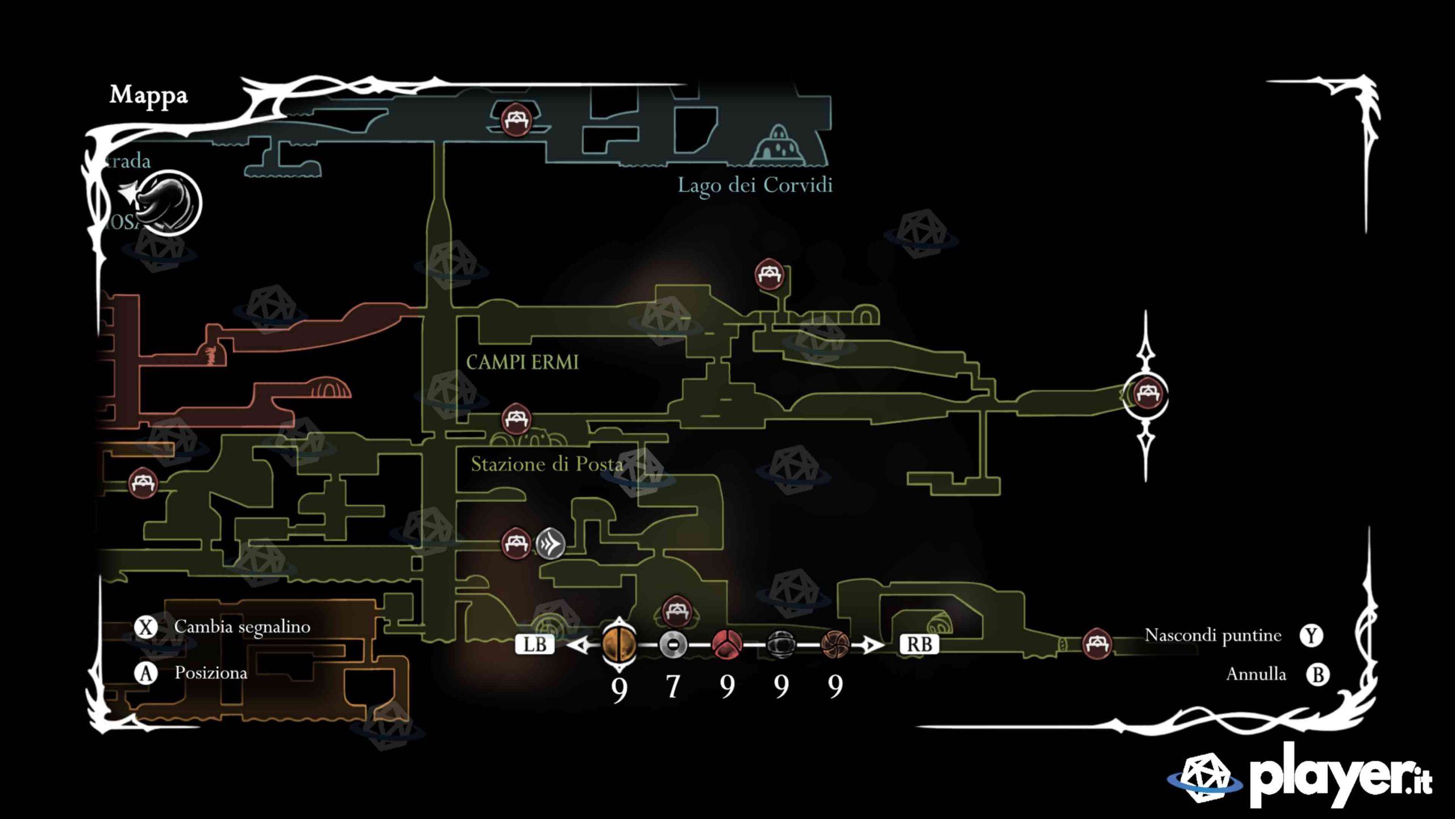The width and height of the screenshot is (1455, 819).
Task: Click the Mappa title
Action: click(x=148, y=96)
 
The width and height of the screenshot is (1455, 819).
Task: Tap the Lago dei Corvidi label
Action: click(x=755, y=185)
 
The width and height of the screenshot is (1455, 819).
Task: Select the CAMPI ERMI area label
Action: click(x=522, y=362)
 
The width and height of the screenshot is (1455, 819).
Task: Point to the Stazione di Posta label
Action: click(x=547, y=465)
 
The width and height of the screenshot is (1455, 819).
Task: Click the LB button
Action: click(x=534, y=644)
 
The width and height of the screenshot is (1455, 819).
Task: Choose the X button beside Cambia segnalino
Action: click(x=146, y=627)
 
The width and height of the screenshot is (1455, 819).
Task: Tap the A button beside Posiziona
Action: click(x=146, y=673)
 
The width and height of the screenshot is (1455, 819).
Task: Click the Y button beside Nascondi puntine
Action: click(x=1311, y=635)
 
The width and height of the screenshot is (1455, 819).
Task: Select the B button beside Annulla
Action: click(x=1317, y=675)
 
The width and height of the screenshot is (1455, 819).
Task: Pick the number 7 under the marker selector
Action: click(x=673, y=686)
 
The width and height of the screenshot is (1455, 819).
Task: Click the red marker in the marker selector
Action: click(x=727, y=645)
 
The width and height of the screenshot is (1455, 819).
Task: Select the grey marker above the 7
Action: click(x=673, y=645)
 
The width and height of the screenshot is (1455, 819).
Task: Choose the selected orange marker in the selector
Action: click(x=619, y=644)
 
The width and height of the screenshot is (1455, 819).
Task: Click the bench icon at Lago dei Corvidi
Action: click(x=516, y=119)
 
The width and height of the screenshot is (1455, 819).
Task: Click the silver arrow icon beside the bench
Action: click(x=550, y=544)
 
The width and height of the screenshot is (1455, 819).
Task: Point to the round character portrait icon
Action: click(x=169, y=204)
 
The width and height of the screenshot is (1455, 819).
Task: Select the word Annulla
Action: click(x=1256, y=675)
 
